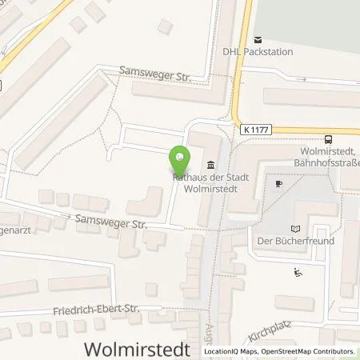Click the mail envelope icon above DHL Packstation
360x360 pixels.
coord(258,39)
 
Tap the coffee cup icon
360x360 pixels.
coord(278,183)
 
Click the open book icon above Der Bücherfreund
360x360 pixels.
coord(296,228)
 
